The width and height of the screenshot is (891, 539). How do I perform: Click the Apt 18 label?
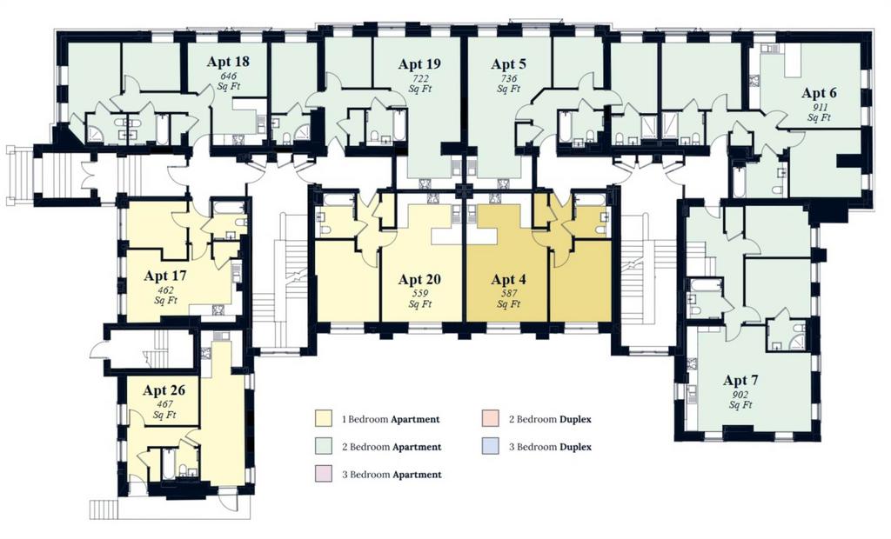228,62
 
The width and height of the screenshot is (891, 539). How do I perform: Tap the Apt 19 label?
419,64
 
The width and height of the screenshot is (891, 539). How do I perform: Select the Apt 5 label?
508,64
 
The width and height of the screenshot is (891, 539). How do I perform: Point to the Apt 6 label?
819,93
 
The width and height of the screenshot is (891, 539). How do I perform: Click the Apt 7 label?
740,381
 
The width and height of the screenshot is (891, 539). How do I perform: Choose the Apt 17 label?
164,276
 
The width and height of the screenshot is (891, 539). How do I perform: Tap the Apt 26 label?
164,390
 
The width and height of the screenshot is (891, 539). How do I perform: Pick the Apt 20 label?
419,279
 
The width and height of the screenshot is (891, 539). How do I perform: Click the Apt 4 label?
508,279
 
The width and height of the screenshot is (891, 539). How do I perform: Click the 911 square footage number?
819,107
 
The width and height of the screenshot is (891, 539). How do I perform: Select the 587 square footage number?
508,294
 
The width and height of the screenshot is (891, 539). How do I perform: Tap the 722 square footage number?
419,78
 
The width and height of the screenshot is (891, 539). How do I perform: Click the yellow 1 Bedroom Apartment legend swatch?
323,419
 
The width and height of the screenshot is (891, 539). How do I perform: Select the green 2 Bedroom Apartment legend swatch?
323,447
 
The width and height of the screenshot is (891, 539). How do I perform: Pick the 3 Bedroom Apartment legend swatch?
323,474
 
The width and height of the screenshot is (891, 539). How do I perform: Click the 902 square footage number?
740,395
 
